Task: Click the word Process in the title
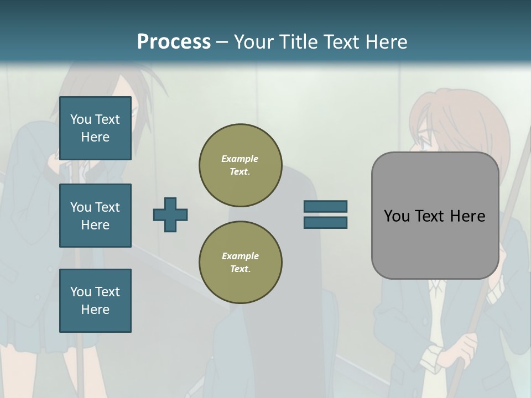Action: tap(174, 42)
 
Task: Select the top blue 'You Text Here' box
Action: tap(95, 128)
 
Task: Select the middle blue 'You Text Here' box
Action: tap(95, 216)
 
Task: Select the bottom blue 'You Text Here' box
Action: tap(95, 300)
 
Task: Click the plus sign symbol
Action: tap(170, 214)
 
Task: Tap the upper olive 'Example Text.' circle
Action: tap(240, 165)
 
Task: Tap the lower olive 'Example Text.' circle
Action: tap(240, 263)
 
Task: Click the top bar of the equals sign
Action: tap(325, 207)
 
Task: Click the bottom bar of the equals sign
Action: tap(325, 222)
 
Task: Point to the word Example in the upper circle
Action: tap(240, 159)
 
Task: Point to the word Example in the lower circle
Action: tap(240, 256)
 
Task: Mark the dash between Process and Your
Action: tap(222, 42)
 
